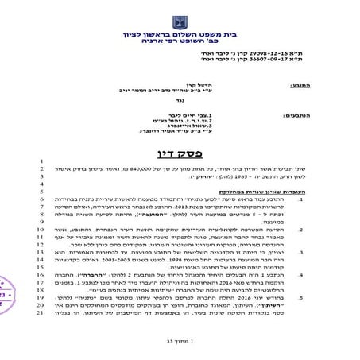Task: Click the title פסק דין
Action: point(180,152)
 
